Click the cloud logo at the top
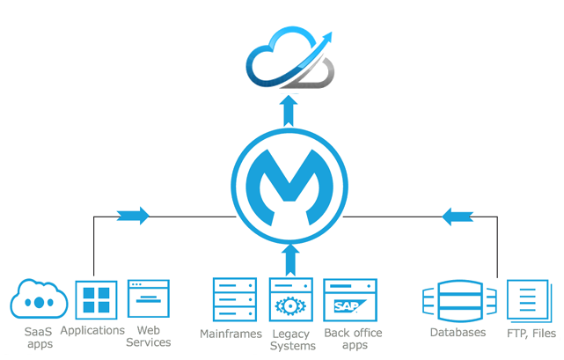pyautogui.click(x=289, y=59)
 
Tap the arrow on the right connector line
pyautogui.click(x=458, y=216)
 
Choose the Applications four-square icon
pyautogui.click(x=96, y=300)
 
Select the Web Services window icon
pyautogui.click(x=149, y=299)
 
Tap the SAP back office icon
pyautogui.click(x=349, y=299)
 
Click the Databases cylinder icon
pyautogui.click(x=455, y=302)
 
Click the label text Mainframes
pyautogui.click(x=231, y=334)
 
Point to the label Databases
pyautogui.click(x=458, y=333)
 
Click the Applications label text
pyautogui.click(x=92, y=330)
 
